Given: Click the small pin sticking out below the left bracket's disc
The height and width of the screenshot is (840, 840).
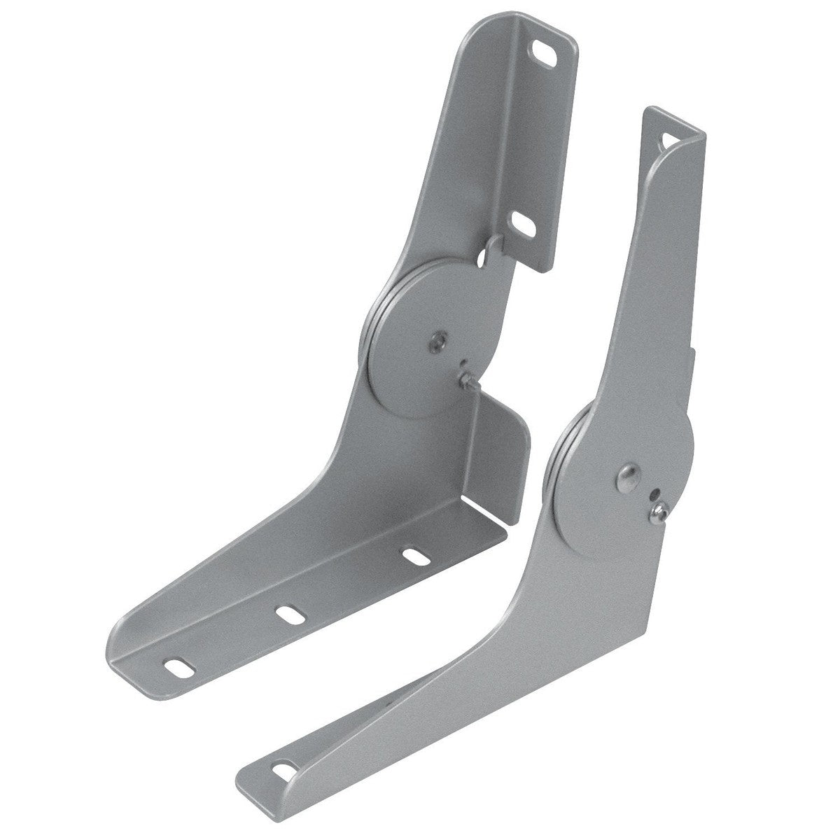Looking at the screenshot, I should (x=466, y=381).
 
